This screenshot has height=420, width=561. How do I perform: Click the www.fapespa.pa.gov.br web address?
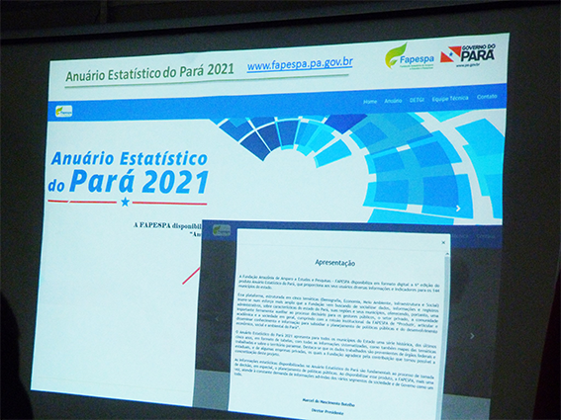click(x=299, y=65)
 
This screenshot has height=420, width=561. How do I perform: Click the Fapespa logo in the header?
click(x=410, y=54)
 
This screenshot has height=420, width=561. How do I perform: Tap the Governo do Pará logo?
click(x=474, y=53)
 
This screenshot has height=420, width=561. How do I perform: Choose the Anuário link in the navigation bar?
click(x=393, y=100)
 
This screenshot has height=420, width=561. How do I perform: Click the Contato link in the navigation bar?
click(x=487, y=97)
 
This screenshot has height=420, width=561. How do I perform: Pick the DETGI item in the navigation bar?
click(x=419, y=99)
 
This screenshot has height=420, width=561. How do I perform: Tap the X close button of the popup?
click(x=443, y=241)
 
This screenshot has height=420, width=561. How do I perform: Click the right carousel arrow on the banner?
click(x=457, y=209)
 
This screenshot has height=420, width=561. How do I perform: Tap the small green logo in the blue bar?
click(x=64, y=111)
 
